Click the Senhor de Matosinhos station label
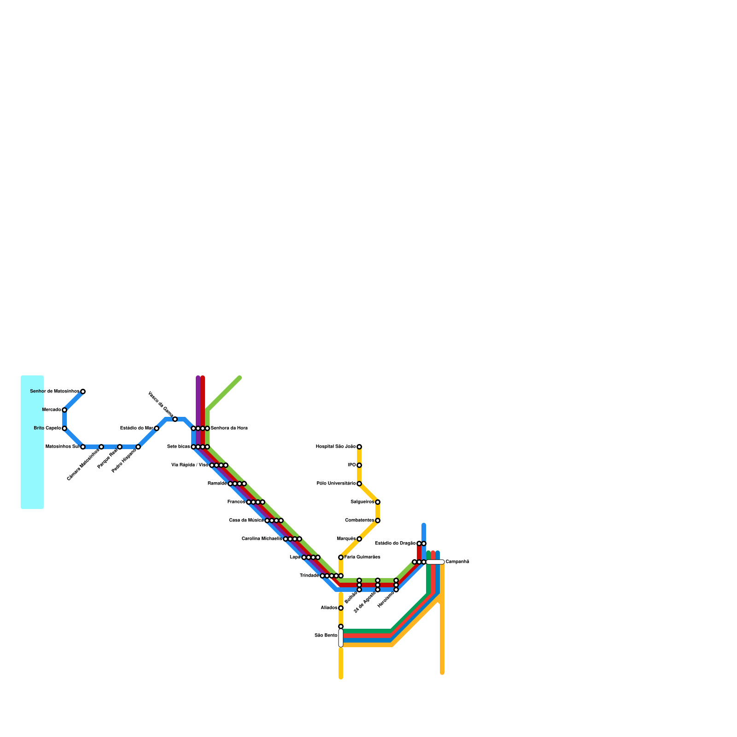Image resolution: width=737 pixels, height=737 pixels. point(54,392)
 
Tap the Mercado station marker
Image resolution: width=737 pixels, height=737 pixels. point(64,410)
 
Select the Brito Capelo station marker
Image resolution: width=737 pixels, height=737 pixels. point(64,428)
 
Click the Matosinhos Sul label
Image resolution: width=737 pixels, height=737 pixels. point(62,447)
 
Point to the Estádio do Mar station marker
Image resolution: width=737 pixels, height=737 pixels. point(157,428)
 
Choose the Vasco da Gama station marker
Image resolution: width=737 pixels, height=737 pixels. point(175,419)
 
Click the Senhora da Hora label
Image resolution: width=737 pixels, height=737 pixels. point(229,428)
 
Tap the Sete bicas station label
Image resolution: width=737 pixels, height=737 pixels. point(178,447)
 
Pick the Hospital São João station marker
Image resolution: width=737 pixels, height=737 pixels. point(359,447)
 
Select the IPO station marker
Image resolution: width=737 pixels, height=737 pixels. point(359,465)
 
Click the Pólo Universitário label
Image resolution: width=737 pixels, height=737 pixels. point(336,484)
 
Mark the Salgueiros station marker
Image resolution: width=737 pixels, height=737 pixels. point(378,502)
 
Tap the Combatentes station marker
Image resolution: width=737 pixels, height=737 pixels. point(378,521)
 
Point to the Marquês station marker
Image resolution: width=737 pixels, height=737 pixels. point(359,539)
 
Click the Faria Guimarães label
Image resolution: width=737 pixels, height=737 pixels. point(363,557)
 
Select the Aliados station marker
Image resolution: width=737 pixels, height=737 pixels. point(341,608)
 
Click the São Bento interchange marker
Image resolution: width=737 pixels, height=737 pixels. point(341,638)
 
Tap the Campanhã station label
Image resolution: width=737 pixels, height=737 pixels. point(457,562)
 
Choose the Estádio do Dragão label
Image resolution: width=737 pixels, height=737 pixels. point(395,544)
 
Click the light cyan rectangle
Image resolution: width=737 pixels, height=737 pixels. point(32,442)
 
